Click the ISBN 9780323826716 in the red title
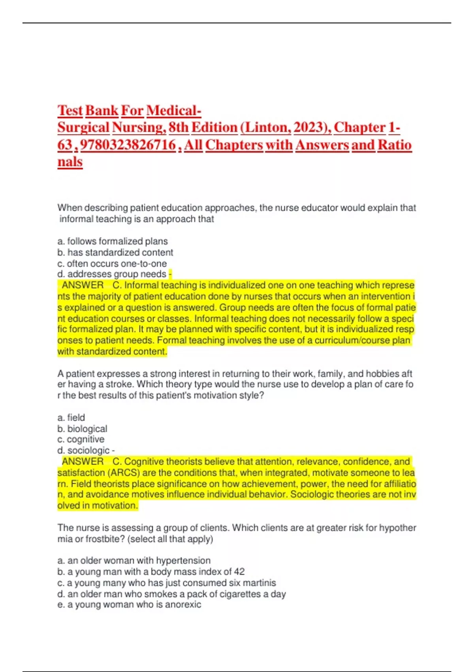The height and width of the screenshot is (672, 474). pyautogui.click(x=128, y=145)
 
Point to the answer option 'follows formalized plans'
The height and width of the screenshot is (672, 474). pyautogui.click(x=117, y=241)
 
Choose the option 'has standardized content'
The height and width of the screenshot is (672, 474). pyautogui.click(x=120, y=252)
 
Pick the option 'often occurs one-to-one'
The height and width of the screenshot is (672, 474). pyautogui.click(x=117, y=263)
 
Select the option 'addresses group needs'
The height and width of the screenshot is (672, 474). pyautogui.click(x=117, y=274)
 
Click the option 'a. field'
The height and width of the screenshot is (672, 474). pyautogui.click(x=71, y=417)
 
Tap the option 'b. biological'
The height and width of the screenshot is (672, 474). pyautogui.click(x=82, y=428)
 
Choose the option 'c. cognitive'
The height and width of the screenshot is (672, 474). pyautogui.click(x=81, y=439)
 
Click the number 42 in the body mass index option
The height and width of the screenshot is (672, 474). pyautogui.click(x=239, y=572)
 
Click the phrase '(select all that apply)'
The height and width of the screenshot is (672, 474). pyautogui.click(x=170, y=539)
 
